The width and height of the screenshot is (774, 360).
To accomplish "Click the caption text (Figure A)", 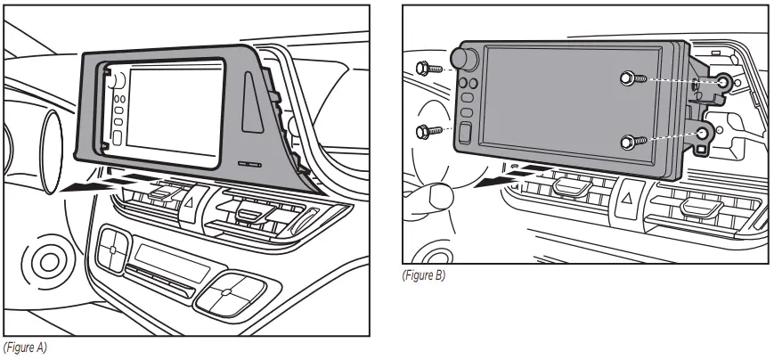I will coord(25,348).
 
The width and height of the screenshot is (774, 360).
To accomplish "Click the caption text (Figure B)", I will coord(424,275).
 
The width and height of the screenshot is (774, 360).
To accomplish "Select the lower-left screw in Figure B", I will coord(425,132).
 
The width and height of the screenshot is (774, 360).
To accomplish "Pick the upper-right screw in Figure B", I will coord(631,79).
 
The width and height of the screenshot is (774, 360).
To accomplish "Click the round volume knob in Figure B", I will coord(462,60).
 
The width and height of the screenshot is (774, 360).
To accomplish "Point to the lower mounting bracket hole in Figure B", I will coord(705,135).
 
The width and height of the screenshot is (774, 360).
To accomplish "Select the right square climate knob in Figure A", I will coord(226,291).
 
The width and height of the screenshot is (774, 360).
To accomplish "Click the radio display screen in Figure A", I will coord(175,110).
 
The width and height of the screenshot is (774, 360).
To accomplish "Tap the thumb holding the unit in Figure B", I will coord(436,195).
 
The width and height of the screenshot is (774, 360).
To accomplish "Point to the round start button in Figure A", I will coord(44,264).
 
